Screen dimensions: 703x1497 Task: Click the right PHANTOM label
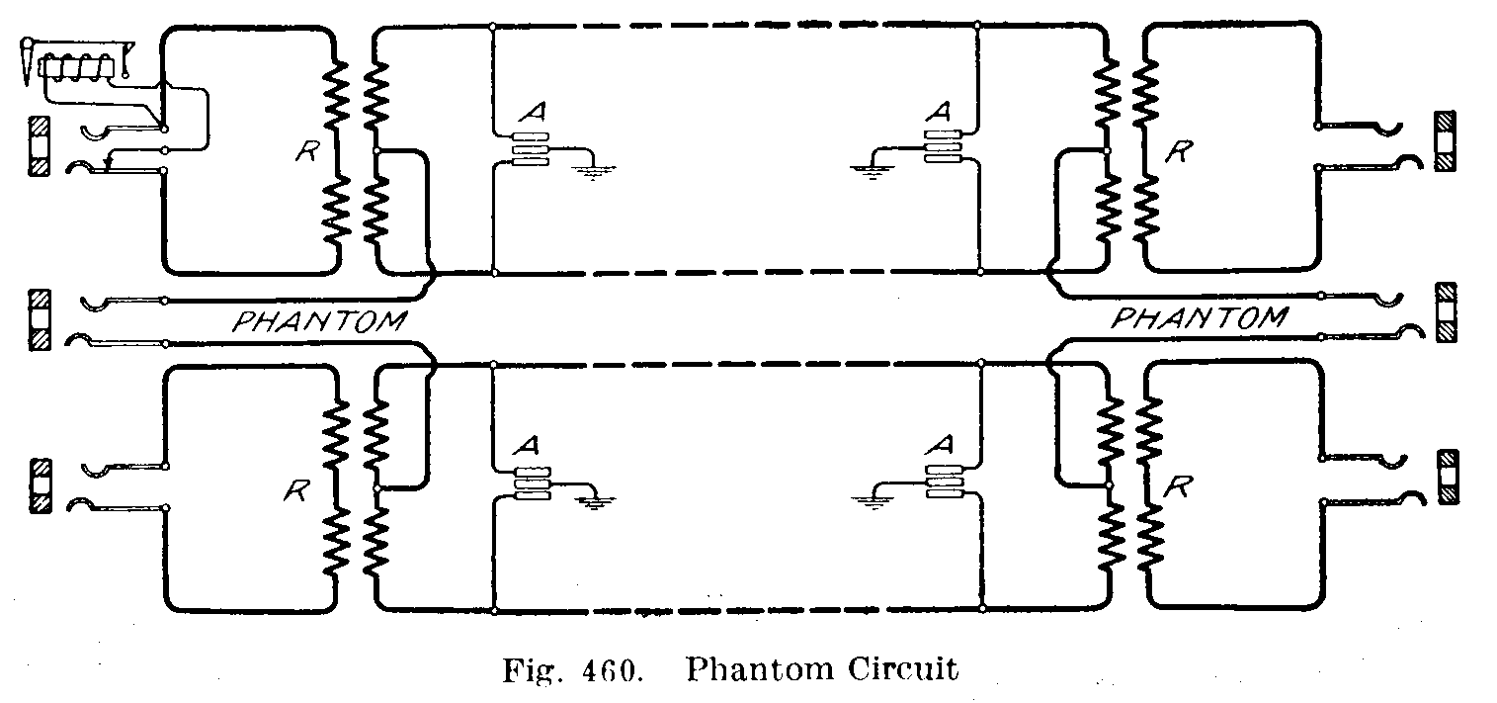click(x=1200, y=318)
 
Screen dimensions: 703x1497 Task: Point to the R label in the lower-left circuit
click(x=293, y=489)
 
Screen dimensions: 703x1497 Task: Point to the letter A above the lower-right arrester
click(x=940, y=448)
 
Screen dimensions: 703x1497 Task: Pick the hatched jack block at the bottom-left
click(x=41, y=484)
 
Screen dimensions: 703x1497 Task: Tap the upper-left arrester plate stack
click(x=530, y=148)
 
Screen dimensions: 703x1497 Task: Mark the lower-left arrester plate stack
click(x=530, y=481)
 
